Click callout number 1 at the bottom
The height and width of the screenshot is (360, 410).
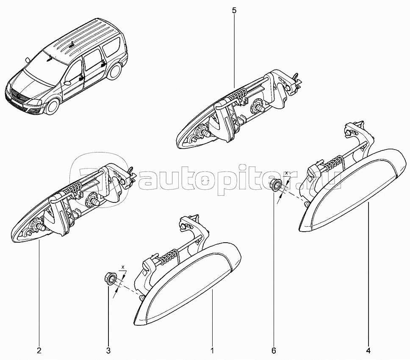pos(212,350)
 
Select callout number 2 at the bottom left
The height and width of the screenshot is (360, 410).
pos(39,350)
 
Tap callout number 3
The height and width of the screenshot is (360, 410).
pos(108,350)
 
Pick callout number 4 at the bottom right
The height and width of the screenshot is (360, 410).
pos(368,350)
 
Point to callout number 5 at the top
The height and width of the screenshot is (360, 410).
pos(234,11)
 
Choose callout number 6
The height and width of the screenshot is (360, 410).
pos(274,350)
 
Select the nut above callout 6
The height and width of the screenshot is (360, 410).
pos(276,184)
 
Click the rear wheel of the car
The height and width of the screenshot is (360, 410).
pos(115,72)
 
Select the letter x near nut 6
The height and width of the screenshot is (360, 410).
pos(286,173)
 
